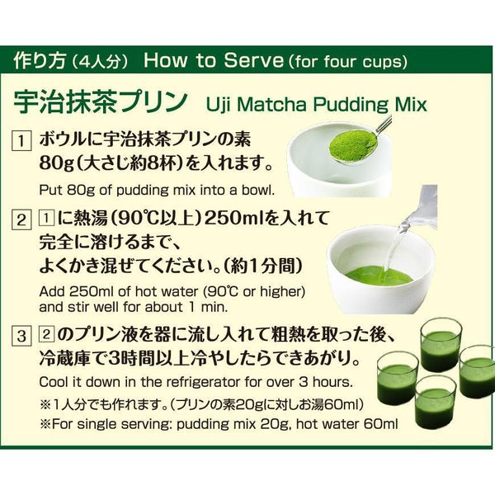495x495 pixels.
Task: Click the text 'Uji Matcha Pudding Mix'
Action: (x=316, y=105)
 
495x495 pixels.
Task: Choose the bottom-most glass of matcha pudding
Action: (x=434, y=402)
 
